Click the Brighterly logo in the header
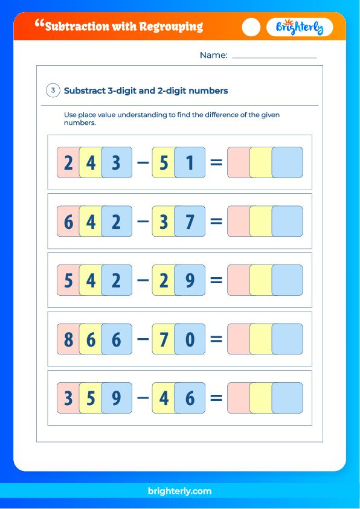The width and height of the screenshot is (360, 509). [300, 27]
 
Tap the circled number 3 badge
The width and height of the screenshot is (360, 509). [53, 91]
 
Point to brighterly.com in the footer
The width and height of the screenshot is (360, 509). [179, 491]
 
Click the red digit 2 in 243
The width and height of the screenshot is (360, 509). [68, 163]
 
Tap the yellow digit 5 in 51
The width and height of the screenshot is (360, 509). [163, 163]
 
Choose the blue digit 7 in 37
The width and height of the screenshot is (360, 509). [190, 222]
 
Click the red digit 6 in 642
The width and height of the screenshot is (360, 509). [68, 222]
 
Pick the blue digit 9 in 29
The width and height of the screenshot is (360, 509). [190, 280]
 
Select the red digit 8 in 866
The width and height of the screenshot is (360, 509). [68, 339]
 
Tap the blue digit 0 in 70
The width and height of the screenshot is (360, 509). [190, 339]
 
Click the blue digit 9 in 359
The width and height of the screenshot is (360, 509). [117, 398]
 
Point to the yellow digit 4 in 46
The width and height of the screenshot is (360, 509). [163, 398]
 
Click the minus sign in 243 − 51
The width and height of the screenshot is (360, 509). [143, 163]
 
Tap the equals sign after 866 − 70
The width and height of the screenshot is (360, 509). [216, 339]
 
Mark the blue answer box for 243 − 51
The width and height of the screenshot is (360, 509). [288, 162]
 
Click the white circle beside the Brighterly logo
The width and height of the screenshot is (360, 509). [251, 27]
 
